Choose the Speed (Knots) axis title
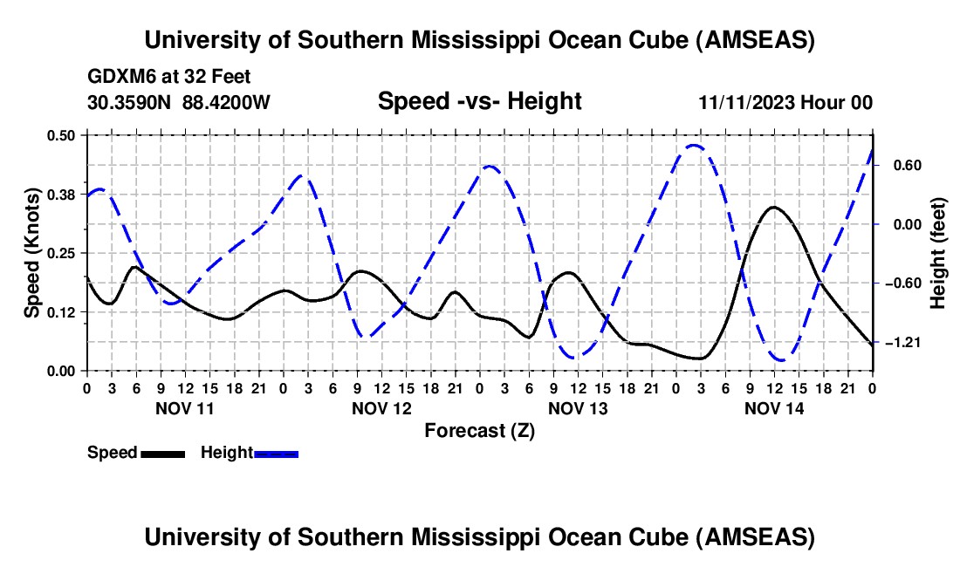(31, 253)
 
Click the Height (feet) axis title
(938, 253)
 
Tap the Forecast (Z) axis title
(479, 430)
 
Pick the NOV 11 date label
(184, 408)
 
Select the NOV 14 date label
(774, 408)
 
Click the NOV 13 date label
(578, 408)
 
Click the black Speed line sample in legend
(162, 454)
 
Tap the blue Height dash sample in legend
(276, 454)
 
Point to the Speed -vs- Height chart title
(479, 101)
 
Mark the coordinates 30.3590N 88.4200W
(179, 102)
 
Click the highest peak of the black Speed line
(773, 207)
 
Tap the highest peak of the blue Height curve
(694, 145)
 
